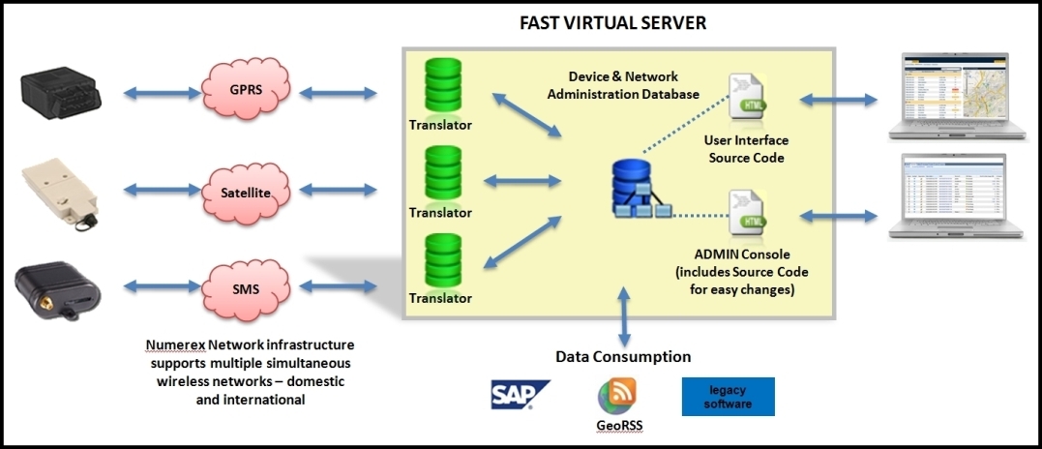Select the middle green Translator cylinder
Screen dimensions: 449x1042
tap(440, 175)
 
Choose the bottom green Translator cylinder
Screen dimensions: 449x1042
tap(440, 261)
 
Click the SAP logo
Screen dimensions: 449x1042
tap(520, 394)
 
